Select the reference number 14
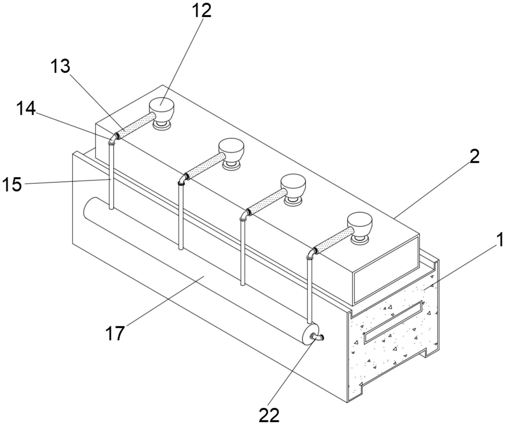coord(26,109)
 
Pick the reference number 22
coord(269,415)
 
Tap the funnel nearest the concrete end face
coord(360,228)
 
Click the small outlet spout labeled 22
coord(317,337)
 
